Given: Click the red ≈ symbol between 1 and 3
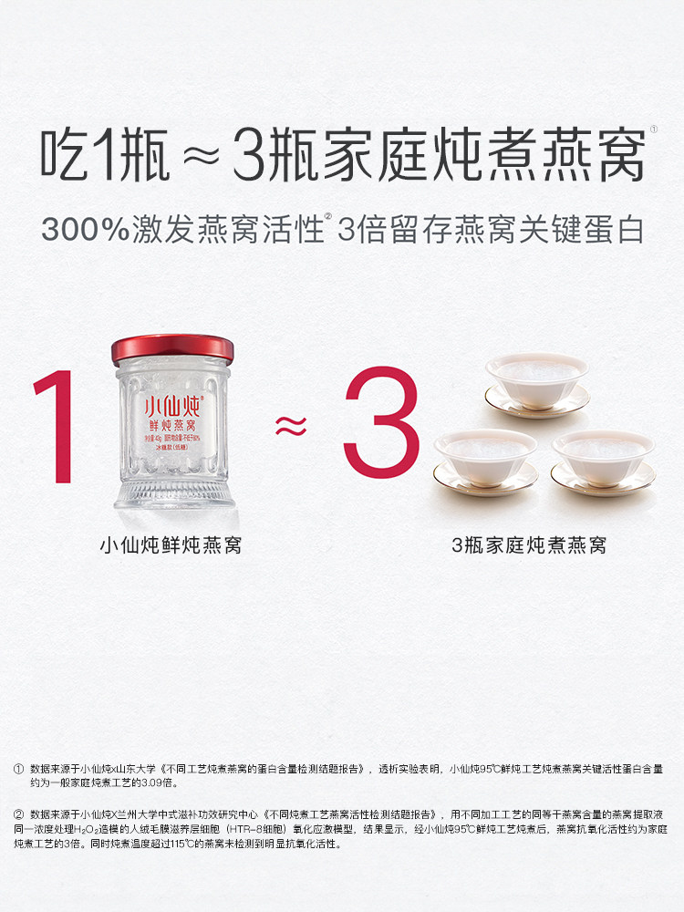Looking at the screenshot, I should (290, 423).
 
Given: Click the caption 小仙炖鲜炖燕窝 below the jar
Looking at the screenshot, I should (171, 545).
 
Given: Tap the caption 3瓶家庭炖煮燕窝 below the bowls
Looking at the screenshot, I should (529, 545).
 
